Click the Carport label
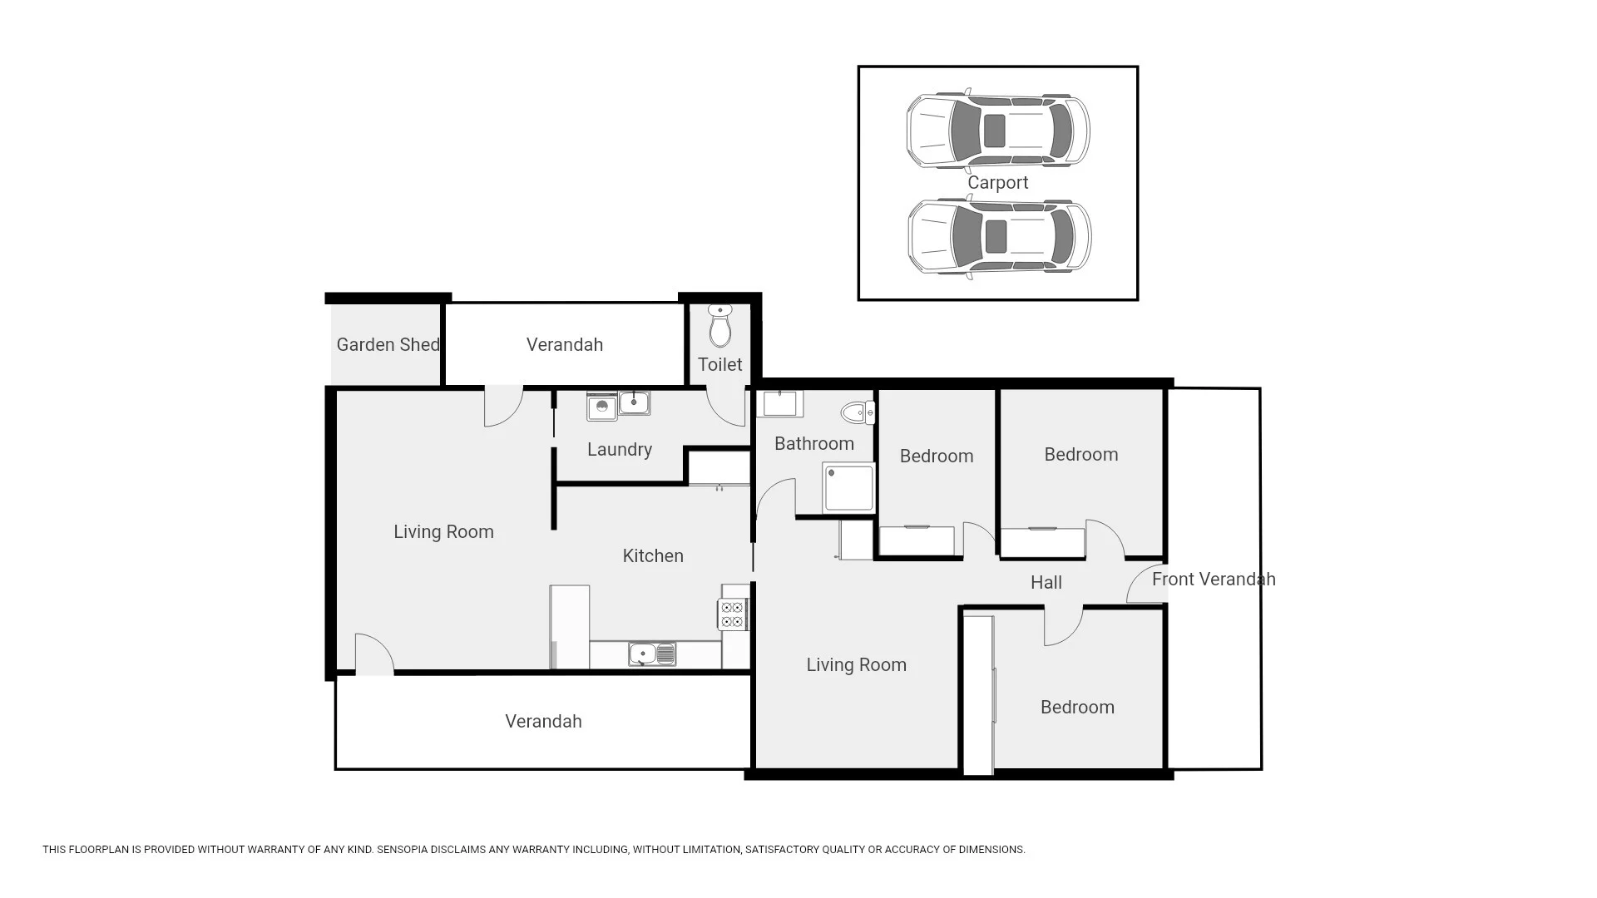(997, 183)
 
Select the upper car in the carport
(997, 131)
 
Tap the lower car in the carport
(999, 236)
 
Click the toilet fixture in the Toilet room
(720, 325)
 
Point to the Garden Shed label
(388, 344)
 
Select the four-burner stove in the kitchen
(732, 614)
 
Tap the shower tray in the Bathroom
(849, 488)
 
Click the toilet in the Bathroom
(858, 412)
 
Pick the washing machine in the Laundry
(602, 407)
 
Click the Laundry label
(619, 450)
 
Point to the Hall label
(1046, 583)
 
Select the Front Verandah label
(1213, 580)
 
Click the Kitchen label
(653, 556)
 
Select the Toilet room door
(726, 407)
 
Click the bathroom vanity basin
(779, 404)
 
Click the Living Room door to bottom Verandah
(373, 654)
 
